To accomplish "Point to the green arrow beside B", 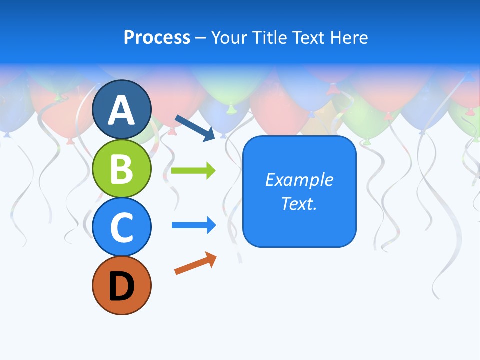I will [x=193, y=171].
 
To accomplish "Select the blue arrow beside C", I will [x=194, y=225].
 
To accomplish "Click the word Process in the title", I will [x=157, y=37].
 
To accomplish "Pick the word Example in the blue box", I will [x=299, y=180].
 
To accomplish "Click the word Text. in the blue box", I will [x=299, y=204].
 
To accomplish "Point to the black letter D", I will [x=122, y=287].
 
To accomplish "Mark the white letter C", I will [x=122, y=227].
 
